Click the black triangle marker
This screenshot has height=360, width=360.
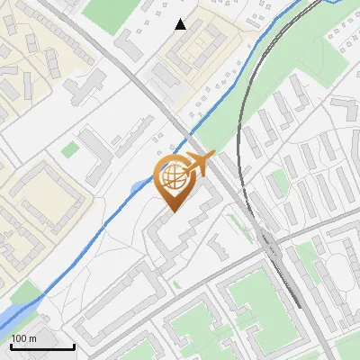tap(181, 24)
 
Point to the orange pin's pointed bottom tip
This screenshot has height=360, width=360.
tap(172, 212)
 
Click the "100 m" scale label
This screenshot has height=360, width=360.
tap(24, 338)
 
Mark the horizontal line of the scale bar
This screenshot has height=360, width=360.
tap(40, 346)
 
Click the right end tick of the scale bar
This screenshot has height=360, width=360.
tap(72, 345)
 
